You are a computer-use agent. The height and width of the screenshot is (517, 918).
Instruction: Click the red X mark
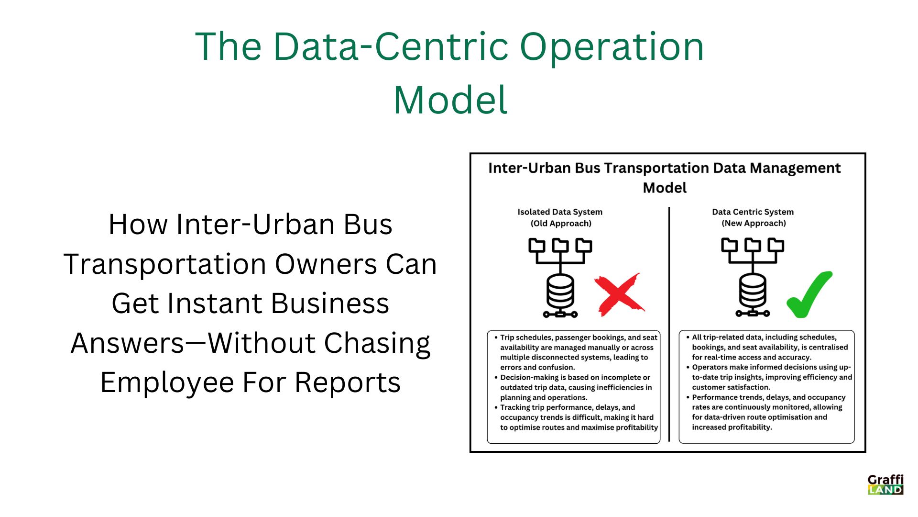click(619, 294)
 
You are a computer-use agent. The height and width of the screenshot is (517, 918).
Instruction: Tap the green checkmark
click(809, 295)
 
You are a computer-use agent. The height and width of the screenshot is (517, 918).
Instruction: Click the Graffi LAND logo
click(885, 484)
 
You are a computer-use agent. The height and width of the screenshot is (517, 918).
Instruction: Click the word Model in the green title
click(450, 100)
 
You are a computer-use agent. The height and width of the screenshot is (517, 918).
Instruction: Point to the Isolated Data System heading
click(560, 212)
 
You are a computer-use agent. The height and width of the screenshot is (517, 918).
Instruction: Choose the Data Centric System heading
click(753, 212)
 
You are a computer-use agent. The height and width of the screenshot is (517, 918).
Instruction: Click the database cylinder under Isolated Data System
click(560, 292)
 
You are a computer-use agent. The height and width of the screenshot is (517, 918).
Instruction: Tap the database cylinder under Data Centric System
click(753, 292)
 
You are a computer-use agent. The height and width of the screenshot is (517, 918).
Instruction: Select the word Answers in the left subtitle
click(127, 343)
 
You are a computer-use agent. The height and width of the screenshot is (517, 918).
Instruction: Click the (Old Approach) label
click(561, 224)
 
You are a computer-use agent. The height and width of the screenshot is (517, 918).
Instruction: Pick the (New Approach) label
click(754, 224)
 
